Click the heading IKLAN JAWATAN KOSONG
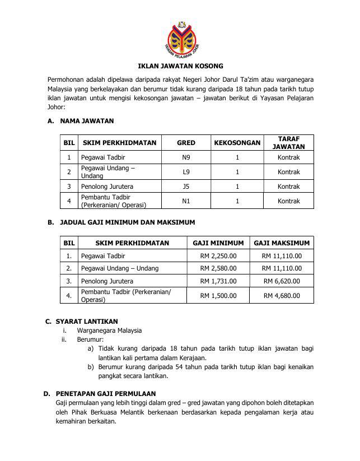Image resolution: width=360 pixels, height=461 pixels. (180, 66)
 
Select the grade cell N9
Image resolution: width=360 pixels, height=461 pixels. (186, 157)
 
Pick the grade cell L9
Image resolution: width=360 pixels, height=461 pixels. (186, 172)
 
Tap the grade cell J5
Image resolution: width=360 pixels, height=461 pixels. (186, 187)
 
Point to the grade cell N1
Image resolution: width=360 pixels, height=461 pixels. (186, 201)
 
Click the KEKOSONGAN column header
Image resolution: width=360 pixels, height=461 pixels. (237, 143)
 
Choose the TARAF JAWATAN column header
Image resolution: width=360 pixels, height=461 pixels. (288, 143)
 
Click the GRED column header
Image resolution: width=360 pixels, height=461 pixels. (186, 143)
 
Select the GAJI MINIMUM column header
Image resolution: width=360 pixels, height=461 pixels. (218, 243)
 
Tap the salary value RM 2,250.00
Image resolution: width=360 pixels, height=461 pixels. (218, 256)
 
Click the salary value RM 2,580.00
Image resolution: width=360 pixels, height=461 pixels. (218, 269)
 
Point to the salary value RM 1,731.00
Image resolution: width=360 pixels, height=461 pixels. (218, 281)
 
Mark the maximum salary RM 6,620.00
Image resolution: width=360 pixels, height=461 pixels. (282, 281)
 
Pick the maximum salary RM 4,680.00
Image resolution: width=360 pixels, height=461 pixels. (282, 296)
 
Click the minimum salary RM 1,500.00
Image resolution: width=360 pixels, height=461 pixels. (218, 296)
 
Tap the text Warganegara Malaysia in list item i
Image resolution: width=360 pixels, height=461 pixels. (109, 330)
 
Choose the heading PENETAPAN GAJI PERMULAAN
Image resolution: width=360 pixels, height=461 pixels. (106, 394)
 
